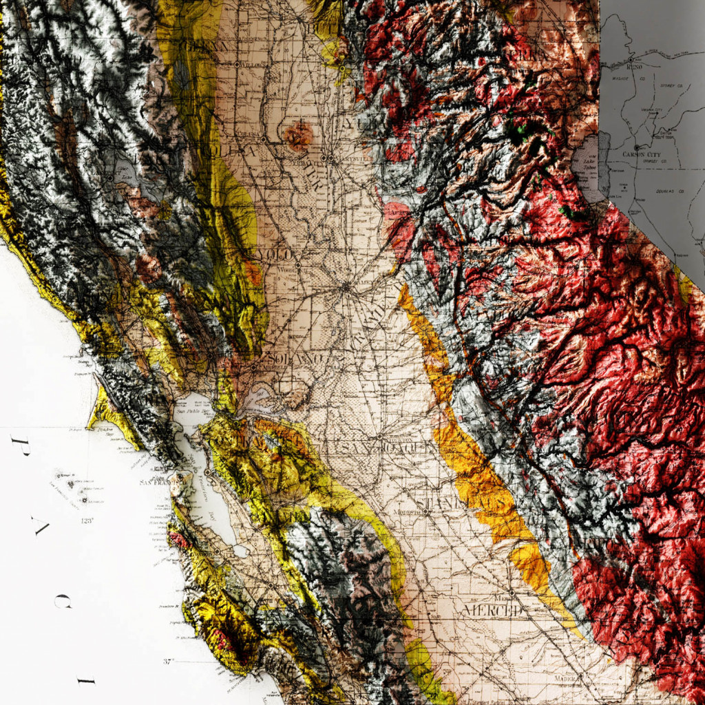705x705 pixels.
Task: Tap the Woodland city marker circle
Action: (297, 264)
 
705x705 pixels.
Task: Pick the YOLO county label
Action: (273, 255)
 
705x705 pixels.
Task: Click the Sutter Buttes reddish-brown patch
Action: (298, 136)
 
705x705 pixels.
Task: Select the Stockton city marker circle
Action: (379, 436)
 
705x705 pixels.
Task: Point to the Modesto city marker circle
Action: (426, 512)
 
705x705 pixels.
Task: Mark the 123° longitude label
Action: (86, 521)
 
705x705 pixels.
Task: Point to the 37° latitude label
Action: (169, 662)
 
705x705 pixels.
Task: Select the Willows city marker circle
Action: (237, 64)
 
